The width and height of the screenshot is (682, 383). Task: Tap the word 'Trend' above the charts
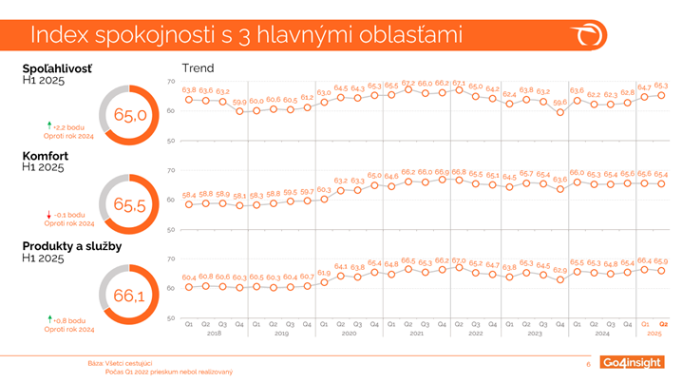click(198, 68)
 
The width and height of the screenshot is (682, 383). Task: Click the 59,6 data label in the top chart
click(560, 102)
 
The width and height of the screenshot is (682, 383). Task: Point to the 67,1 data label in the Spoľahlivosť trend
click(459, 83)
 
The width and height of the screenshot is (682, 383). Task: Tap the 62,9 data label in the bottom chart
click(560, 270)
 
